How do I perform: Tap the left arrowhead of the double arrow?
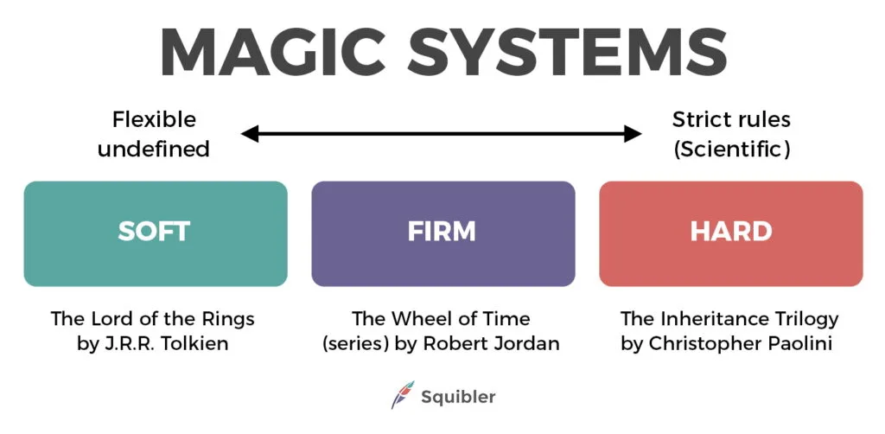[x=250, y=133]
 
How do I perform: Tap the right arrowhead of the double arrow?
[x=634, y=133]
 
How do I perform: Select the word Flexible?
[x=154, y=119]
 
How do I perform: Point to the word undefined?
[x=154, y=149]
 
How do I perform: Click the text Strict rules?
[x=731, y=119]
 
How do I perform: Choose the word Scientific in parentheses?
[x=731, y=149]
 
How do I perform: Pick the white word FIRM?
[x=442, y=232]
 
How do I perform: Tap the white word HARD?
[x=730, y=232]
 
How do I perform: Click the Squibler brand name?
[x=458, y=397]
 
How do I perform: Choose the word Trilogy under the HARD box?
[x=806, y=318]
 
